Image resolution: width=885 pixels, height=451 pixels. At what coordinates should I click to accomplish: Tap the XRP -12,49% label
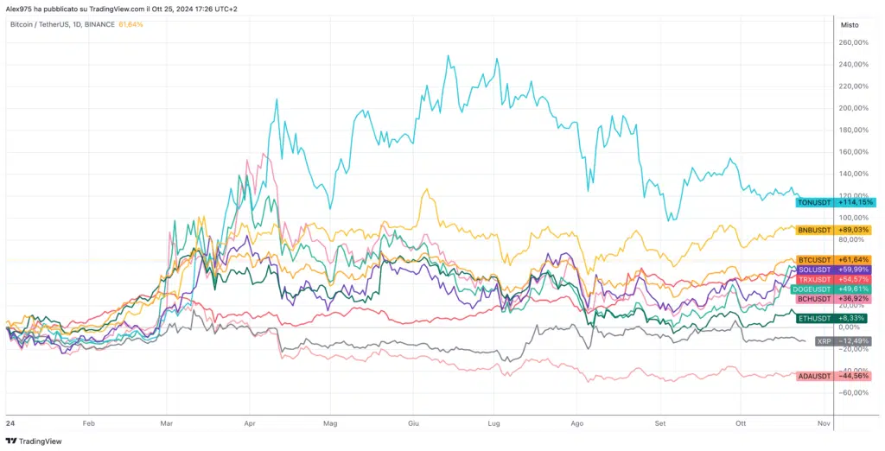pyautogui.click(x=844, y=340)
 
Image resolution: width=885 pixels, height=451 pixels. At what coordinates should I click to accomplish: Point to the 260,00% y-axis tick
pyautogui.click(x=853, y=42)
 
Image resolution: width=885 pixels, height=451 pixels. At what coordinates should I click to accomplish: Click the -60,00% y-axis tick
pyautogui.click(x=853, y=392)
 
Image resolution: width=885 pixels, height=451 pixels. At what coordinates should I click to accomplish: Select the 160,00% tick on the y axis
pyautogui.click(x=853, y=152)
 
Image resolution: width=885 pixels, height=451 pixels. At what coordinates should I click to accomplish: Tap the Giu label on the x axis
pyautogui.click(x=413, y=424)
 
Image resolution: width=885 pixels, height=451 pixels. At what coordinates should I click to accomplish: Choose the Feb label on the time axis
pyautogui.click(x=87, y=424)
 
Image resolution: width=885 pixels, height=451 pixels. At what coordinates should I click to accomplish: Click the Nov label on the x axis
pyautogui.click(x=823, y=424)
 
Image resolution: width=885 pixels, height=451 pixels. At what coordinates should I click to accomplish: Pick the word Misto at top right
pyautogui.click(x=850, y=25)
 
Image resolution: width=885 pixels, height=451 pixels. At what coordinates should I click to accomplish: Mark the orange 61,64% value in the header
pyautogui.click(x=131, y=24)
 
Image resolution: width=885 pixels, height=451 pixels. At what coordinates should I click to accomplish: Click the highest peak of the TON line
pyautogui.click(x=448, y=56)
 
